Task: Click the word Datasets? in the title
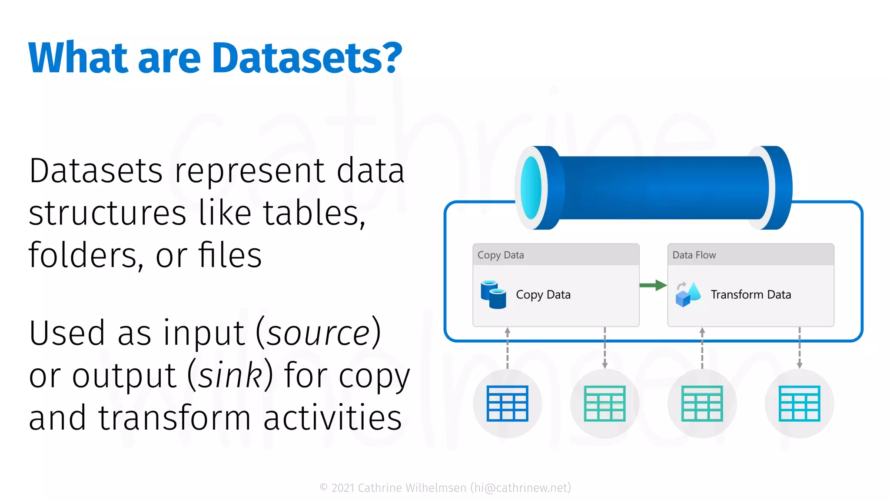(307, 58)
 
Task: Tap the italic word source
(318, 334)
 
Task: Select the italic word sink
(231, 375)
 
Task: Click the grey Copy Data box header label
(501, 255)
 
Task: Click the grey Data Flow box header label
(694, 255)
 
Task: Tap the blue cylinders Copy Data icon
(493, 294)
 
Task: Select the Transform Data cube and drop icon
(688, 294)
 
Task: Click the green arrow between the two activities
(653, 285)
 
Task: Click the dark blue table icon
(507, 403)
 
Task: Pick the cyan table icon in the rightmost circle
(799, 403)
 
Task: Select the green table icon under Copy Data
(604, 403)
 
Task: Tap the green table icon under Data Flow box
(702, 403)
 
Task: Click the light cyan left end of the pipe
(531, 187)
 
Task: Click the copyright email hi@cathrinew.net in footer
(521, 488)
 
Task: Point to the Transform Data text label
(751, 295)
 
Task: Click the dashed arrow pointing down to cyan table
(799, 348)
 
